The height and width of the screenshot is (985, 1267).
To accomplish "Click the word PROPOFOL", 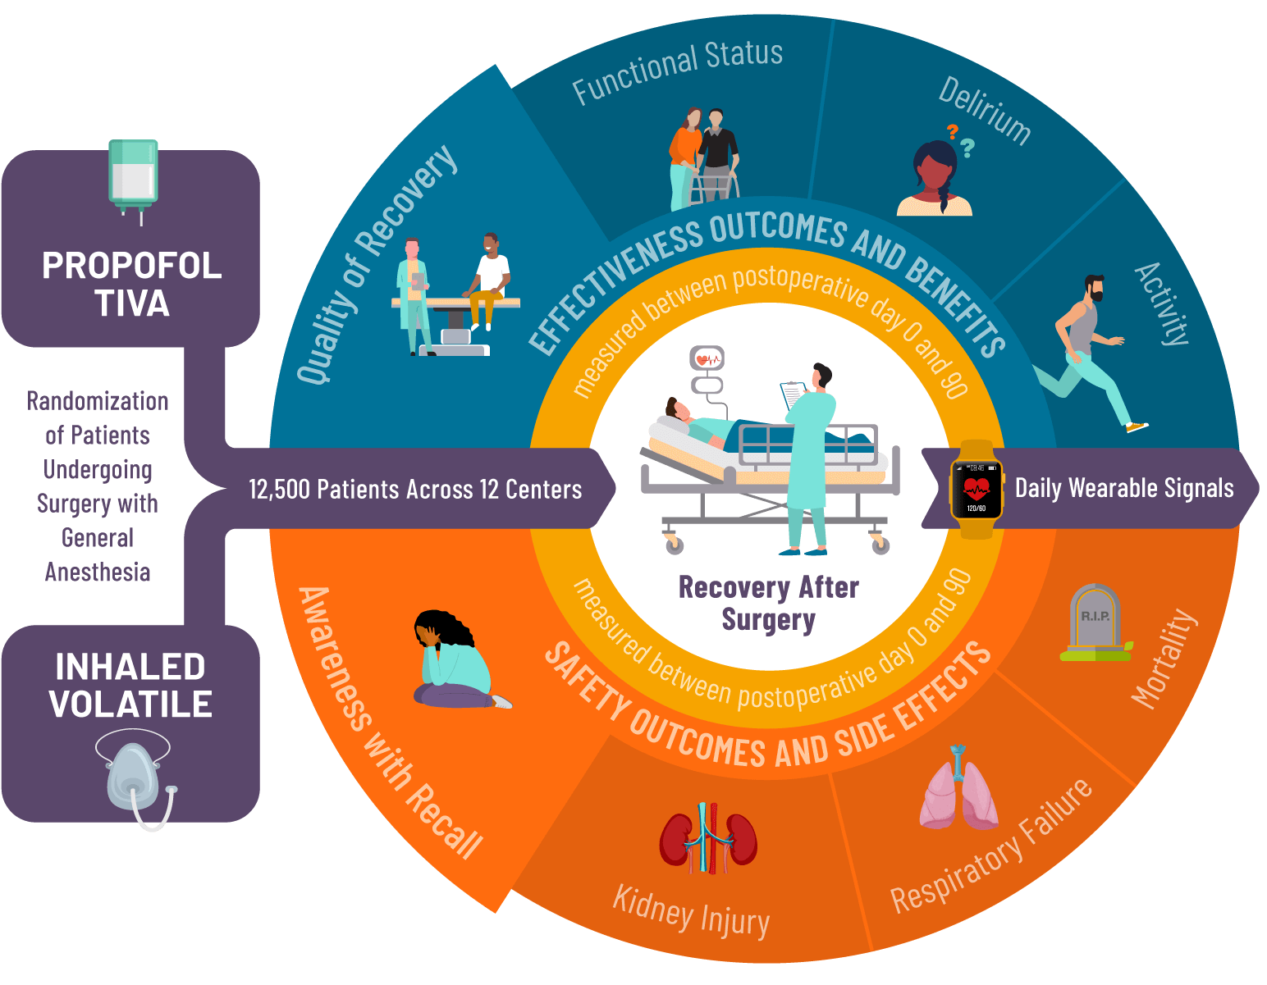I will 131,266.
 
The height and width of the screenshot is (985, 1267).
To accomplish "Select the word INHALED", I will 130,667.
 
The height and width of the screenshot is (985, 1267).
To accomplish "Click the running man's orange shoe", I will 1137,427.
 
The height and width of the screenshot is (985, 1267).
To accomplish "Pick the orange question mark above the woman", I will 952,130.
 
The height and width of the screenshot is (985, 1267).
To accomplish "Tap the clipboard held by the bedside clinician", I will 794,394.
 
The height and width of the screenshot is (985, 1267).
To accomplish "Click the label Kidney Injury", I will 691,910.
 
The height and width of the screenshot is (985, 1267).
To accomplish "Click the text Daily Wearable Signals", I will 1123,488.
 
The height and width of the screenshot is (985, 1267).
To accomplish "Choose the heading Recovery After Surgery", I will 768,603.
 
